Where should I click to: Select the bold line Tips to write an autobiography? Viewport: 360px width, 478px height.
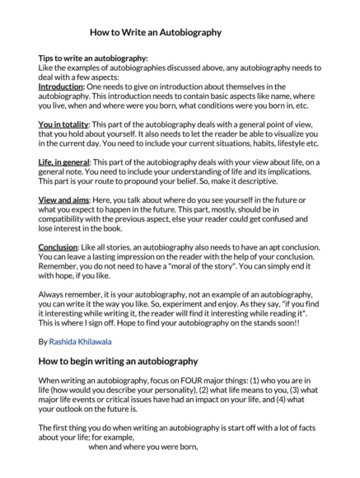pyautogui.click(x=93, y=59)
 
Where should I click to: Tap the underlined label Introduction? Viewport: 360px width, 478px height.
pyautogui.click(x=62, y=87)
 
